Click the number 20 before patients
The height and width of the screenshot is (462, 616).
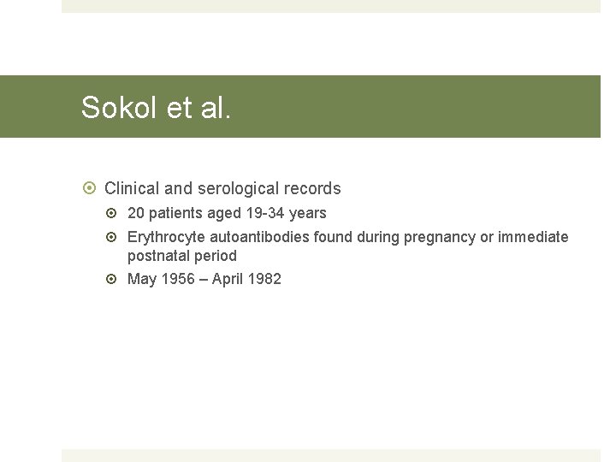136,213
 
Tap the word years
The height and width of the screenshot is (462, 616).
308,213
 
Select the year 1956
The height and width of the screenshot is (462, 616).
177,279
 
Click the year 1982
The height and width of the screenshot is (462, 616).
264,279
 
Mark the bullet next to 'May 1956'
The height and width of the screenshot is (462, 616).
115,279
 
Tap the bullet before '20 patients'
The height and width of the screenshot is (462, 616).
115,213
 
